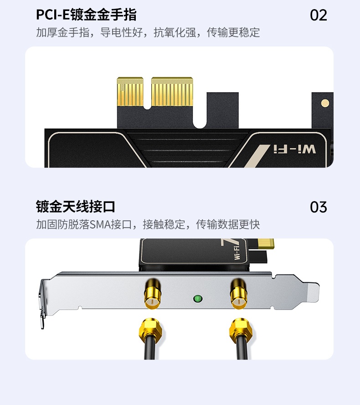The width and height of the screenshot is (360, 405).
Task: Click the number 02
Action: tap(319, 15)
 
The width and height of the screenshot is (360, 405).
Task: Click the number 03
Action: tap(319, 207)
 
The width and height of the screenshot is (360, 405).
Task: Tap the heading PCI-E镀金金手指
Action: tap(86, 15)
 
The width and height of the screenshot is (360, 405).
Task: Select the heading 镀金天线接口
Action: tap(76, 207)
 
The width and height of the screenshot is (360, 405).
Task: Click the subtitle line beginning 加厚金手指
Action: tap(148, 33)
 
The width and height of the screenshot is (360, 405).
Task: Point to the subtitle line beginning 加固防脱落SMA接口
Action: tap(148, 224)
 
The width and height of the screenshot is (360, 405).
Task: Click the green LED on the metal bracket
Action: tap(198, 299)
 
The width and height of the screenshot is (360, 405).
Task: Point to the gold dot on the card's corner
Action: tap(324, 104)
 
